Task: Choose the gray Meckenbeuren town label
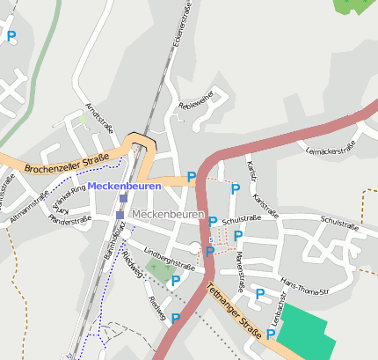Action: (x=166, y=215)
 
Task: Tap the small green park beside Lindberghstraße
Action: (x=159, y=272)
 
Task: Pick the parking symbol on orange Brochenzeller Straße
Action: (x=192, y=177)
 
